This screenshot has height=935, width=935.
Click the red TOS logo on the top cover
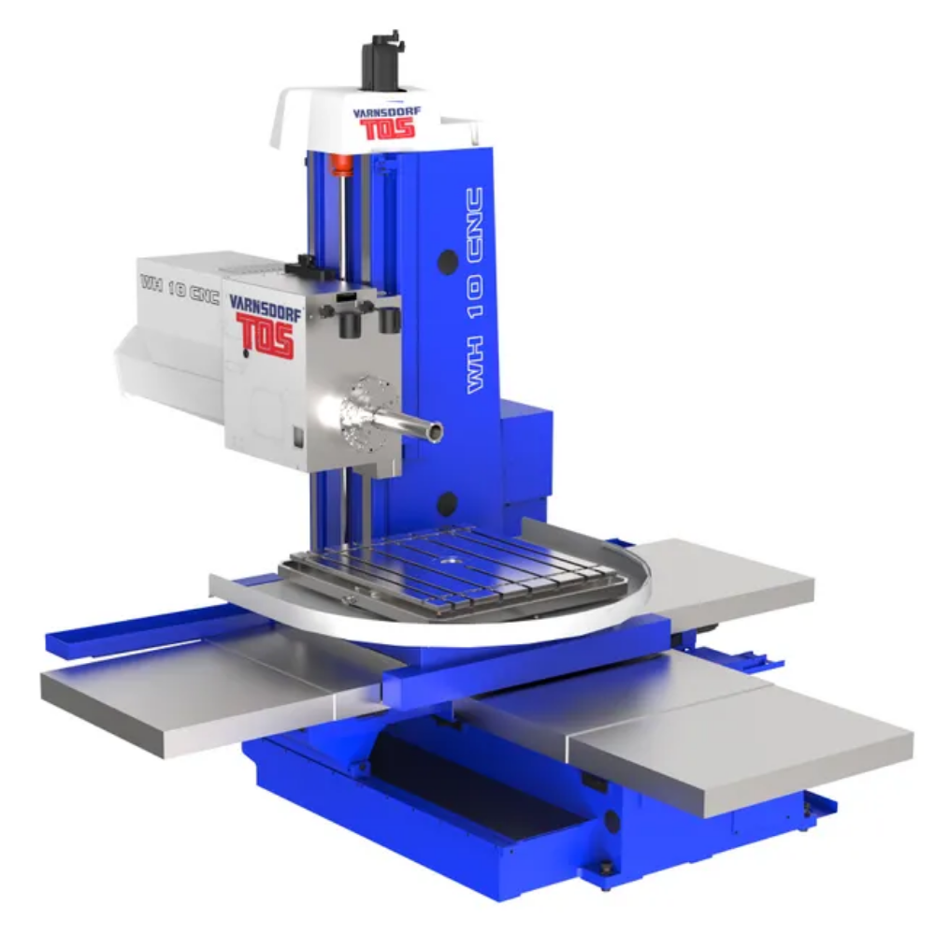tap(387, 127)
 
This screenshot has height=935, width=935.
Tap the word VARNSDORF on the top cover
tap(386, 111)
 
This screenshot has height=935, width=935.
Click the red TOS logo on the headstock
tap(266, 336)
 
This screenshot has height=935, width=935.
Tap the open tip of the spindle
tap(436, 432)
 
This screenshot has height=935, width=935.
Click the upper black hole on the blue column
tap(448, 261)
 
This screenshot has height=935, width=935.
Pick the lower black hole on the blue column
tap(447, 504)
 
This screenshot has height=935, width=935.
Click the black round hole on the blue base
tap(611, 820)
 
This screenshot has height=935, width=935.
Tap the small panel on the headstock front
tap(297, 435)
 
